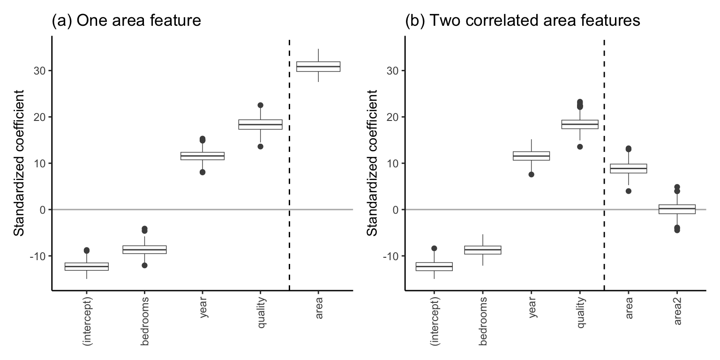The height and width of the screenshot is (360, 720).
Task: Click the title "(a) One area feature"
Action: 126,21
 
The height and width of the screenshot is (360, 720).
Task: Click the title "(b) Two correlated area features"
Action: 523,21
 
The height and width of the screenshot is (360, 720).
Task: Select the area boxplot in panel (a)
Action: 318,67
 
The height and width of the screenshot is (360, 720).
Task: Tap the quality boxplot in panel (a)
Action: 260,124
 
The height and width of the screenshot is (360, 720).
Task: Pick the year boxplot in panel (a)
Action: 202,156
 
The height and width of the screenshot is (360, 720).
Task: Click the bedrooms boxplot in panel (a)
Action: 144,249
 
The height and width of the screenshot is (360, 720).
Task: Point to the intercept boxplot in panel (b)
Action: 434,266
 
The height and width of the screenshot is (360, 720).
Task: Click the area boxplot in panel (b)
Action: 628,168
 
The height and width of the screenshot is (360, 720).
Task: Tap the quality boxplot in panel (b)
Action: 580,124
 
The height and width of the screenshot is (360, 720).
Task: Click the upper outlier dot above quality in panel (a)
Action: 260,105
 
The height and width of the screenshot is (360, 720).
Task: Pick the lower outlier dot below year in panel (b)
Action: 532,174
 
